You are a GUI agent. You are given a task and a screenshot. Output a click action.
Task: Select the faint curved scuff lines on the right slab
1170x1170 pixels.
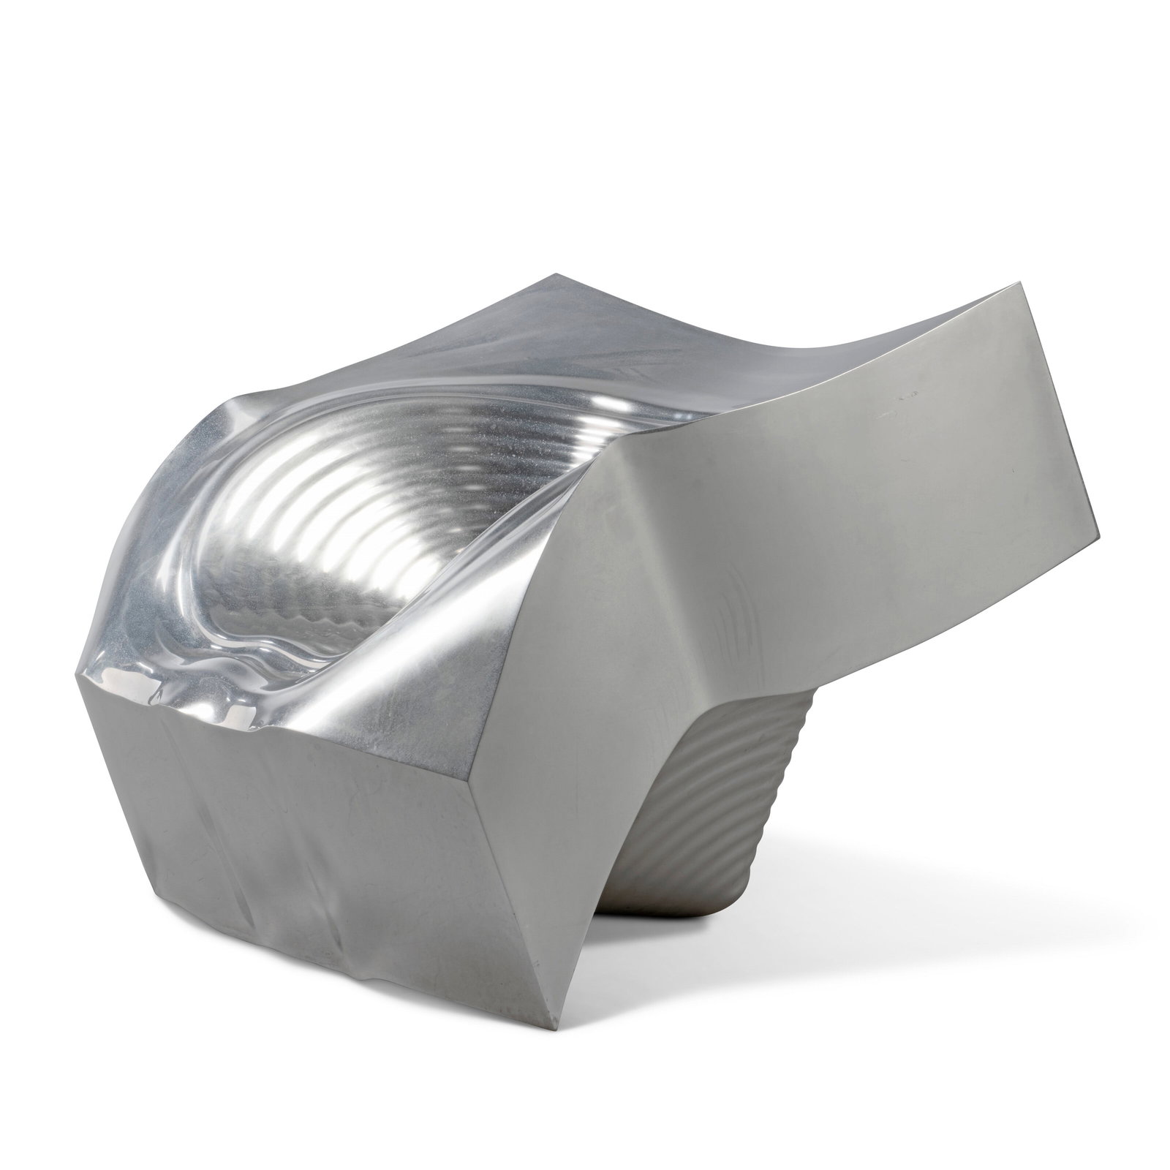coord(739,622)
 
